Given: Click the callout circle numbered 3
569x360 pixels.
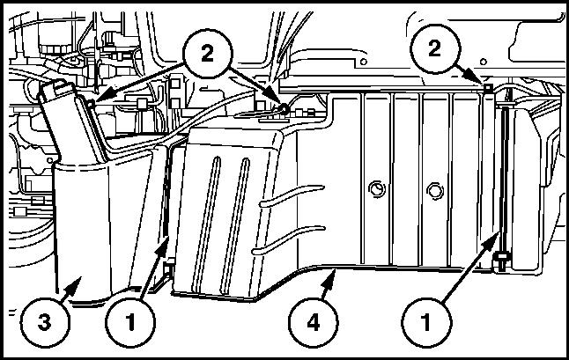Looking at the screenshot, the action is pos(45,322).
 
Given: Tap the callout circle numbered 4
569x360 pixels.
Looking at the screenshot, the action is pos(314,322).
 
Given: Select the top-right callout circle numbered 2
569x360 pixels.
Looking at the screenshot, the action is pos(435,49).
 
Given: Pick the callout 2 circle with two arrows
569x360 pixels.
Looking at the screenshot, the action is pos(207,54).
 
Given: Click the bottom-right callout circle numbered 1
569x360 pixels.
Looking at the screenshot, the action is pos(426,322).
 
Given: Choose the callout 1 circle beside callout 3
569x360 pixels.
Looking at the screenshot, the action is pos(130,322).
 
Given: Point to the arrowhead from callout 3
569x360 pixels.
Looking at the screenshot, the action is pos(75,284).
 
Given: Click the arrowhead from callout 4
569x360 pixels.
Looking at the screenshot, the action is pos(329,279).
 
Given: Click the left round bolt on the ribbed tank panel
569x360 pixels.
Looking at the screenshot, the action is pos(377,189).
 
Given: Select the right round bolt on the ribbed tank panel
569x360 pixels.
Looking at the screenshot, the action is pos(435,190).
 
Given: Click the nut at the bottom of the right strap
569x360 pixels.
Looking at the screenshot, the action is pos(502,259).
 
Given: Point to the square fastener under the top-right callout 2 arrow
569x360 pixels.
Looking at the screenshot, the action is pos(488,87).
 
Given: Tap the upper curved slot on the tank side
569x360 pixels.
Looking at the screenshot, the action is pos(292,195).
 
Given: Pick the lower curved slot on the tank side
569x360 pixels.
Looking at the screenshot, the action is pos(289,239).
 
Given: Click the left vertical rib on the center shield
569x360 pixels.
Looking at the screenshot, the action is pos(206,224).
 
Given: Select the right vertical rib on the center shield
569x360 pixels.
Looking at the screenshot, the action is pos(235,225).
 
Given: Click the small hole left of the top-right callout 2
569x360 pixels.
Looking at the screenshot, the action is pos(364,62).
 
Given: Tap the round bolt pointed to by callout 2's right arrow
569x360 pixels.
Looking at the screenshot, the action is pos(284,108).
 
